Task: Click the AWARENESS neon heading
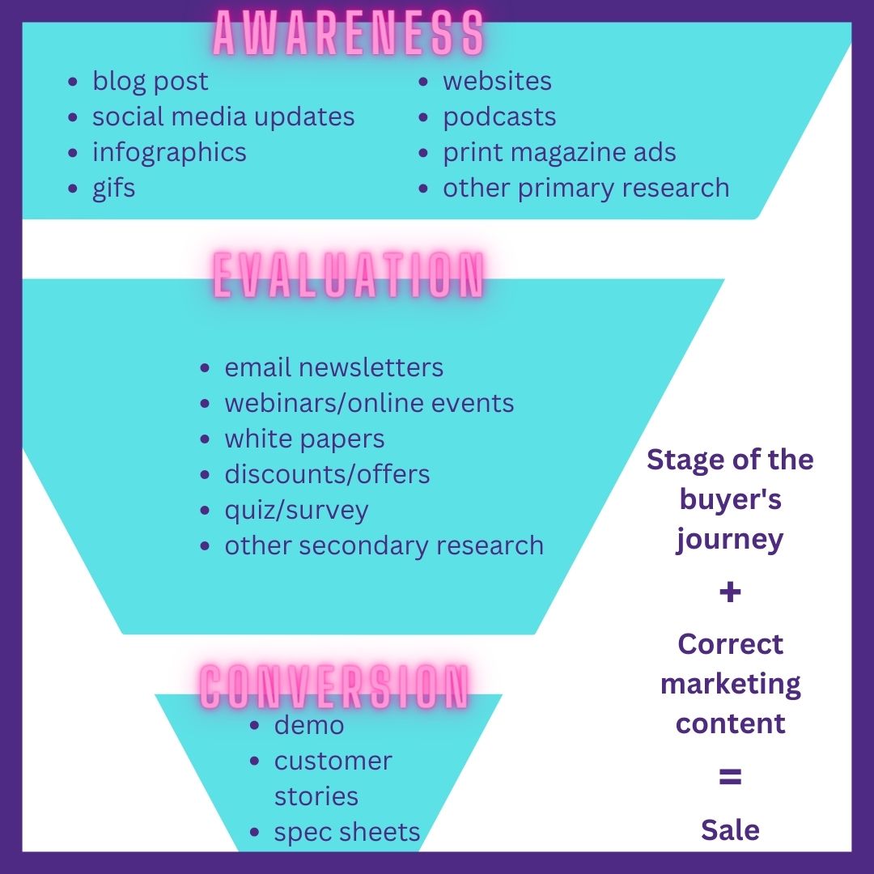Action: tap(349, 35)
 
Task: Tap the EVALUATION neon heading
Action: tap(349, 275)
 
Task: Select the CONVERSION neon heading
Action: tap(334, 687)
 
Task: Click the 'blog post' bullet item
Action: tap(150, 81)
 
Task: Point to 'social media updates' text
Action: tap(223, 117)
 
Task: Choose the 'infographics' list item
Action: tap(169, 152)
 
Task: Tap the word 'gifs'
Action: tap(113, 188)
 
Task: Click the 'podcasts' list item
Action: tap(499, 117)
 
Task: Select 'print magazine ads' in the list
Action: tap(559, 152)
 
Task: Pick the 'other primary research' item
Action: tap(586, 188)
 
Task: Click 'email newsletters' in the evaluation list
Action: tap(333, 367)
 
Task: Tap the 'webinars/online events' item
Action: tap(369, 403)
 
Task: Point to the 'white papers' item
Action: tap(304, 439)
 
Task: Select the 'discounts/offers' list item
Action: tap(327, 474)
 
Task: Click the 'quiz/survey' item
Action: tap(296, 510)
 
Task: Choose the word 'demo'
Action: tap(309, 725)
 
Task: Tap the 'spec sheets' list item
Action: tap(347, 832)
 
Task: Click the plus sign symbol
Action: tap(730, 592)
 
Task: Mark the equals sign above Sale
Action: tap(730, 778)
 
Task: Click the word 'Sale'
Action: tap(730, 830)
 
